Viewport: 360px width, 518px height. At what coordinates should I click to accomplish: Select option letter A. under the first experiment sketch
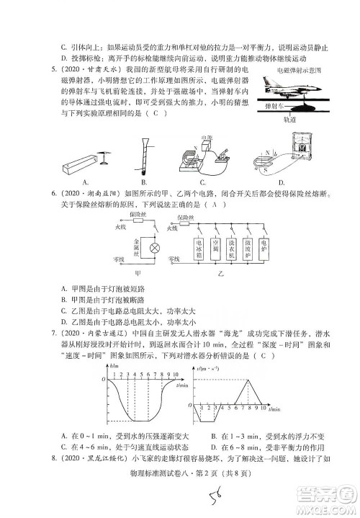pyautogui.click(x=86, y=182)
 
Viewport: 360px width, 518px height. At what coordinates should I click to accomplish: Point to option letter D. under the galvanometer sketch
pyautogui.click(x=282, y=182)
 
